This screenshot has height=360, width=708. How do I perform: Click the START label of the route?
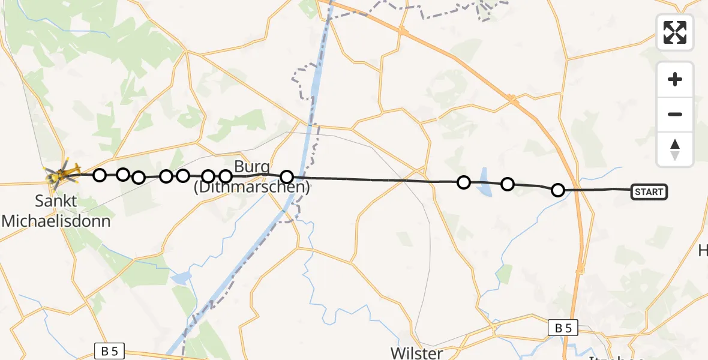tap(649, 192)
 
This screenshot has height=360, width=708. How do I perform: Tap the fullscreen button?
tap(675, 32)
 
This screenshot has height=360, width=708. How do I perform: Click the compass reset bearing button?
tap(675, 149)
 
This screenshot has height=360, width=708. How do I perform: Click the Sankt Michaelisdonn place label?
tap(56, 211)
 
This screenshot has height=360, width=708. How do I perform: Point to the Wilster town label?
tap(416, 352)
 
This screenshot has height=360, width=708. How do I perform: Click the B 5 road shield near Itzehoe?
tap(563, 328)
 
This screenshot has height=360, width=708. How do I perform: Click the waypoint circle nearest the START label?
tap(558, 191)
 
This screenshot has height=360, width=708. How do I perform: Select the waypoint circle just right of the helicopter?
tap(100, 175)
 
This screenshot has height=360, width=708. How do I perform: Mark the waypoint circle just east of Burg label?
tap(287, 177)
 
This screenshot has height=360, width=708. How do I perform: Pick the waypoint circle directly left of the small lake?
tap(463, 182)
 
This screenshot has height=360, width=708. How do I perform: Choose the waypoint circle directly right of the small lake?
tap(508, 184)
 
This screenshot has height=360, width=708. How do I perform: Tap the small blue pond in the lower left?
tap(179, 278)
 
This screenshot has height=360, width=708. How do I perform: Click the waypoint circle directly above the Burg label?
tap(226, 176)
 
